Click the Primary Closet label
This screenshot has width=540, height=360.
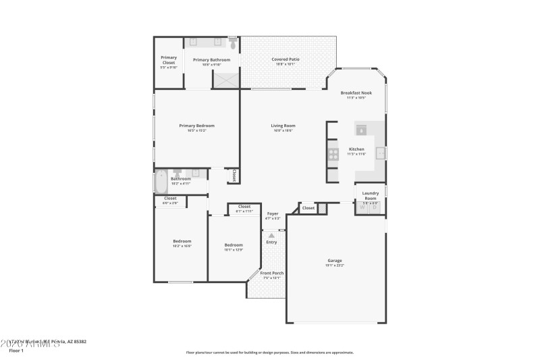pos(169,59)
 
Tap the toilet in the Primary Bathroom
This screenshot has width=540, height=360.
pos(233,44)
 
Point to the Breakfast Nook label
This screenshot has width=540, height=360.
pos(356,93)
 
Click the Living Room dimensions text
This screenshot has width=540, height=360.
pos(283,130)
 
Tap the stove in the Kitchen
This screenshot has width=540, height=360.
pos(333,153)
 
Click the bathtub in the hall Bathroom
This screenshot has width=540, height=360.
pos(161,181)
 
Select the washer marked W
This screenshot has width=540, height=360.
pos(362,207)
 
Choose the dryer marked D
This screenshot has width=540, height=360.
pos(375,207)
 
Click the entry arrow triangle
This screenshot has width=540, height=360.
pos(271,234)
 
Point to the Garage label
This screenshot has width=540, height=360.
pos(335,260)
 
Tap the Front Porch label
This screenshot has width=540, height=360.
pos(271,273)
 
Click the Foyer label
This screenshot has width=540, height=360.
pos(272,213)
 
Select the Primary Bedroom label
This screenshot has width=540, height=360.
pos(196,125)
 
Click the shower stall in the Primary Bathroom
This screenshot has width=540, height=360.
pos(225,80)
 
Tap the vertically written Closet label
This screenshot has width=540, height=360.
pos(234,176)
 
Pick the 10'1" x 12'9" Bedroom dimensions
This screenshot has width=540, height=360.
pos(234,250)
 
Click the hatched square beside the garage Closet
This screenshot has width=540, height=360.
pos(322,208)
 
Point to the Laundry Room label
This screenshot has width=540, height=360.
pos(370,195)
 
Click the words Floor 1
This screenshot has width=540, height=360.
pos(16,351)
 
